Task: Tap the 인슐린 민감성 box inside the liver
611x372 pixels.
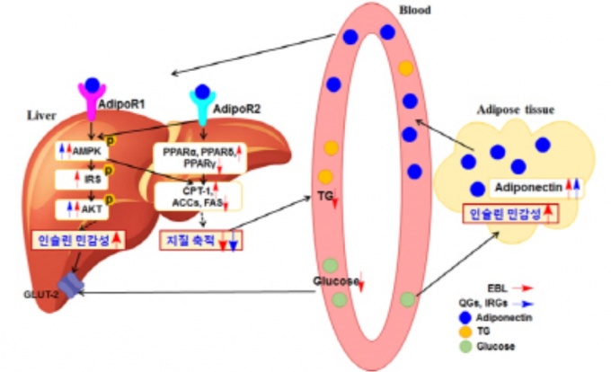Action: pyautogui.click(x=78, y=241)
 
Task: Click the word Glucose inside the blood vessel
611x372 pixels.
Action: pyautogui.click(x=336, y=281)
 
